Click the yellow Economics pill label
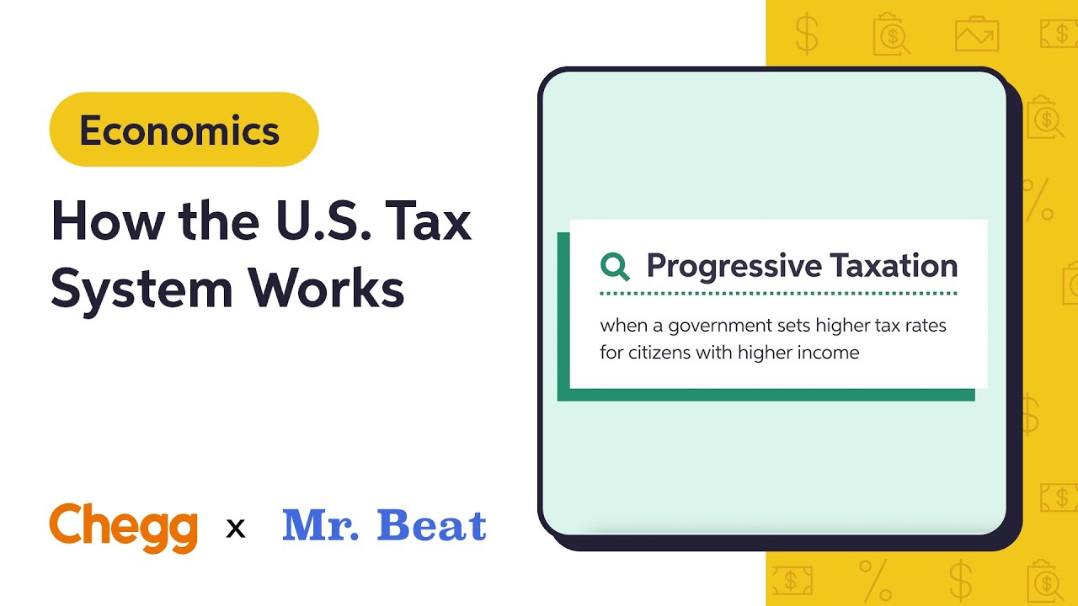[x=184, y=130]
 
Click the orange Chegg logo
[x=123, y=526]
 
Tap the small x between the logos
[x=237, y=529]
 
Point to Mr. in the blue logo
[x=323, y=525]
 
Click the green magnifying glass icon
[x=615, y=267]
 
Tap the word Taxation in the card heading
[x=894, y=266]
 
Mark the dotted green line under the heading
[x=778, y=294]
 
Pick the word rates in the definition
[x=925, y=325]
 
